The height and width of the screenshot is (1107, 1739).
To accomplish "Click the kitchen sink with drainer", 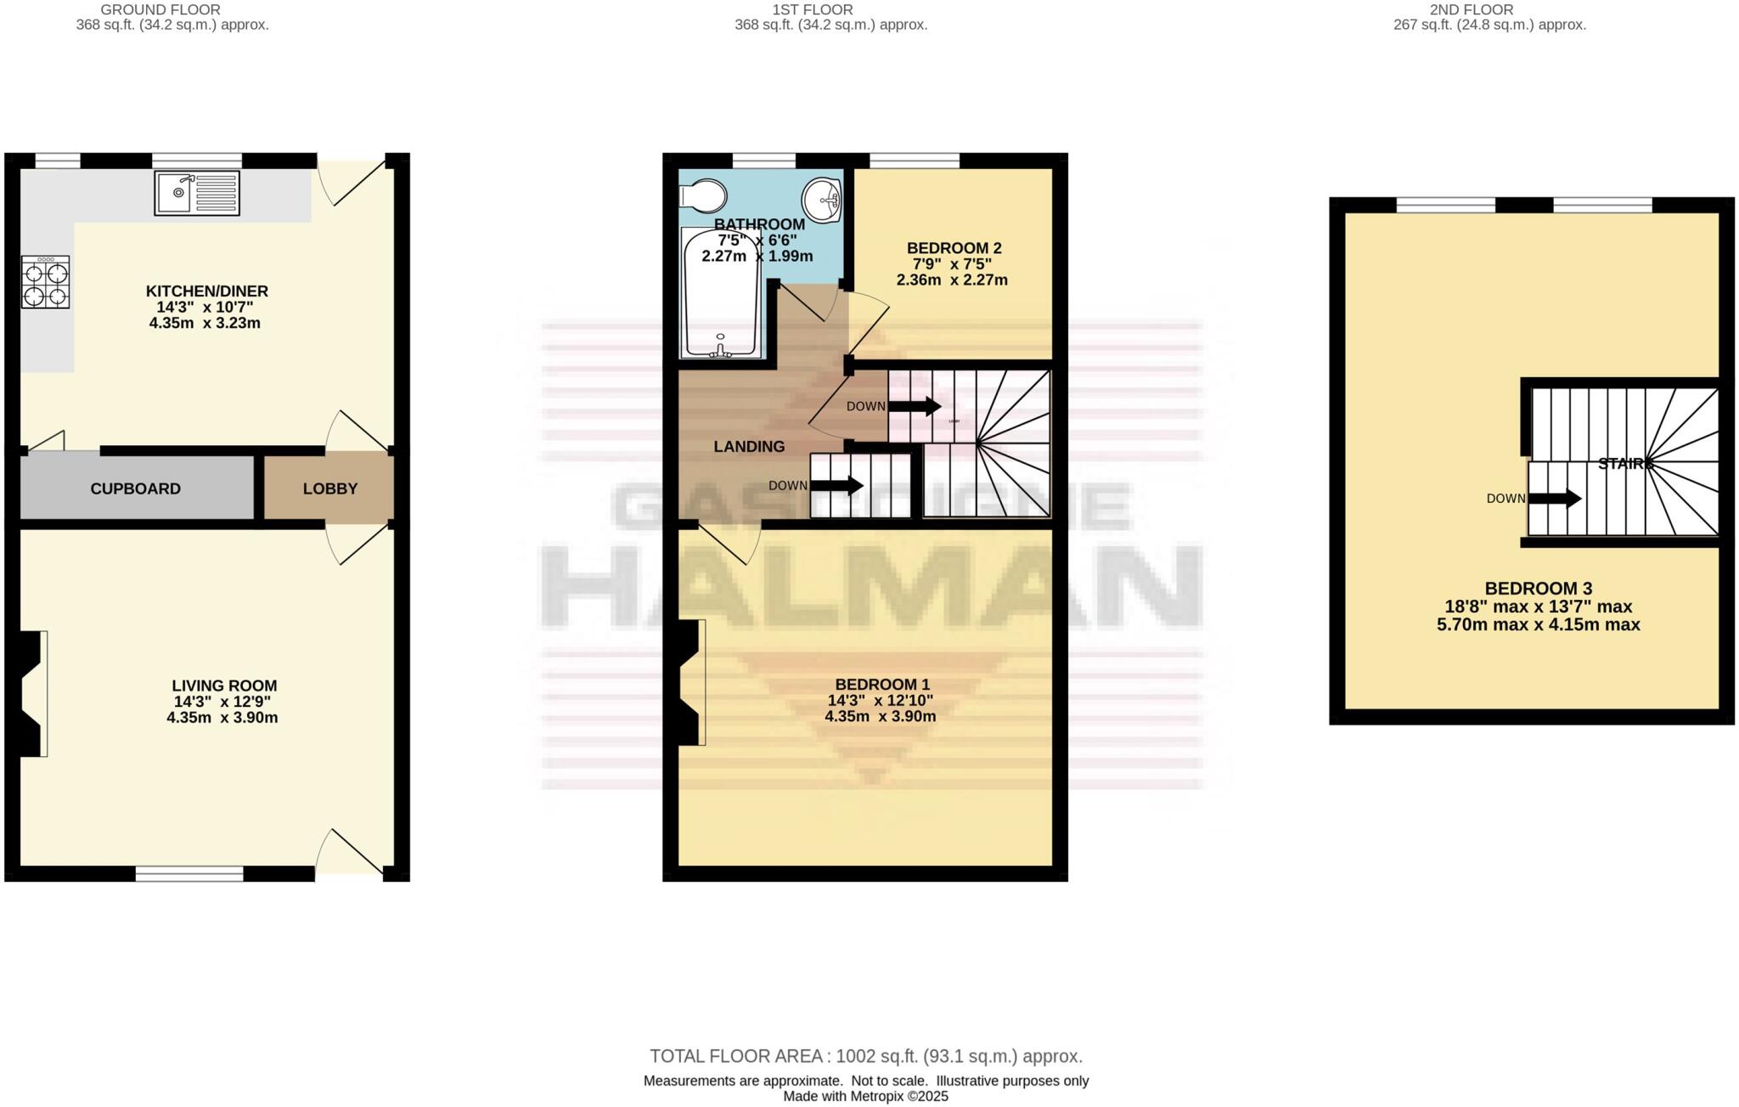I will (197, 193).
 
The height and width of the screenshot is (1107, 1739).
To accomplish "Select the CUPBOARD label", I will (135, 489).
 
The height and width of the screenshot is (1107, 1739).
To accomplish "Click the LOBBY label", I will (330, 489).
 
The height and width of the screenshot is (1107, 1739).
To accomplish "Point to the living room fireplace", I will (32, 693).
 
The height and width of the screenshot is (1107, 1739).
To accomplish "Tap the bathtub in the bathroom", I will (721, 294).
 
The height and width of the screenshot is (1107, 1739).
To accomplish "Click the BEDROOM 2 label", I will (954, 248).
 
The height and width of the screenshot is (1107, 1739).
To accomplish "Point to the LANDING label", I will (749, 447).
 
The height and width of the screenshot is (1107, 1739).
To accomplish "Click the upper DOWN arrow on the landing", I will (914, 407).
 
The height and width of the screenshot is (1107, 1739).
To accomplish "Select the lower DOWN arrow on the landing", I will (836, 486).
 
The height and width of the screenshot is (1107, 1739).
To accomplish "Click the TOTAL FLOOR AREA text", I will (865, 1056).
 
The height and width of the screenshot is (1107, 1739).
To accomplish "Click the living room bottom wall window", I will (189, 873).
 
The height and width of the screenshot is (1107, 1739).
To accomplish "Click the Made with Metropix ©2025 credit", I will (864, 1096).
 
